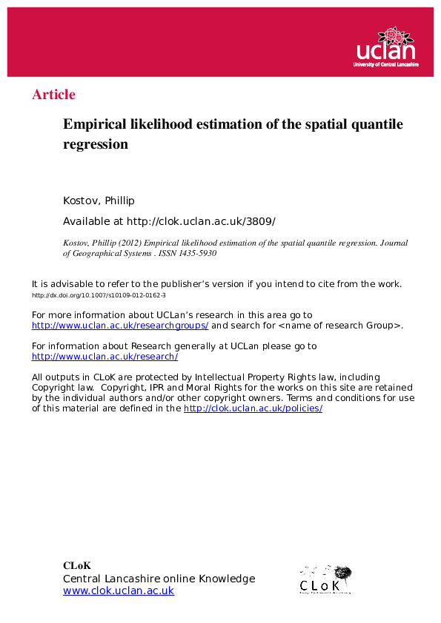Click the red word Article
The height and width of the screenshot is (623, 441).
(53, 95)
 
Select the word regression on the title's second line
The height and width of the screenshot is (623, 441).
(96, 144)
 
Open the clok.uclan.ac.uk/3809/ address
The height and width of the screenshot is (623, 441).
(201, 221)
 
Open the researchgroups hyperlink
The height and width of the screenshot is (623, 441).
(120, 326)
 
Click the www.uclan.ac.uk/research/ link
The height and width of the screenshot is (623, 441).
(105, 357)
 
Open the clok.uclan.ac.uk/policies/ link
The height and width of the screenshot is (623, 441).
(253, 408)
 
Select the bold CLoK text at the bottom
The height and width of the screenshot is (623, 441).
(77, 566)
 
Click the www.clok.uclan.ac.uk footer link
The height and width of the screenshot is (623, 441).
(119, 591)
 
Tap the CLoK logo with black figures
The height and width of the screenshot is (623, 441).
(325, 579)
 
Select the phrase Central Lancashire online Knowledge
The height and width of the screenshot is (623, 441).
(159, 579)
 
